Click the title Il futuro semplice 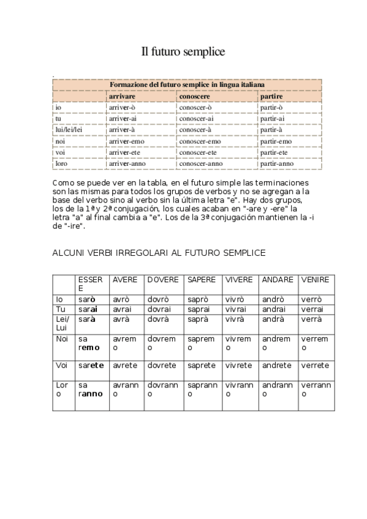[183, 53]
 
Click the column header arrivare [121, 97]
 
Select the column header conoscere [194, 97]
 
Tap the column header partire [271, 97]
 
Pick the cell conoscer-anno [200, 163]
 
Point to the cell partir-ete [274, 152]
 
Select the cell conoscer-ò [195, 108]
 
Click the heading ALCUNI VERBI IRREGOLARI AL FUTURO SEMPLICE [159, 252]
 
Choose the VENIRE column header [315, 280]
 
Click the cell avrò [122, 299]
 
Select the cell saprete [202, 365]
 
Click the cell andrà [272, 319]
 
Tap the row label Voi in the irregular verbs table [61, 365]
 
